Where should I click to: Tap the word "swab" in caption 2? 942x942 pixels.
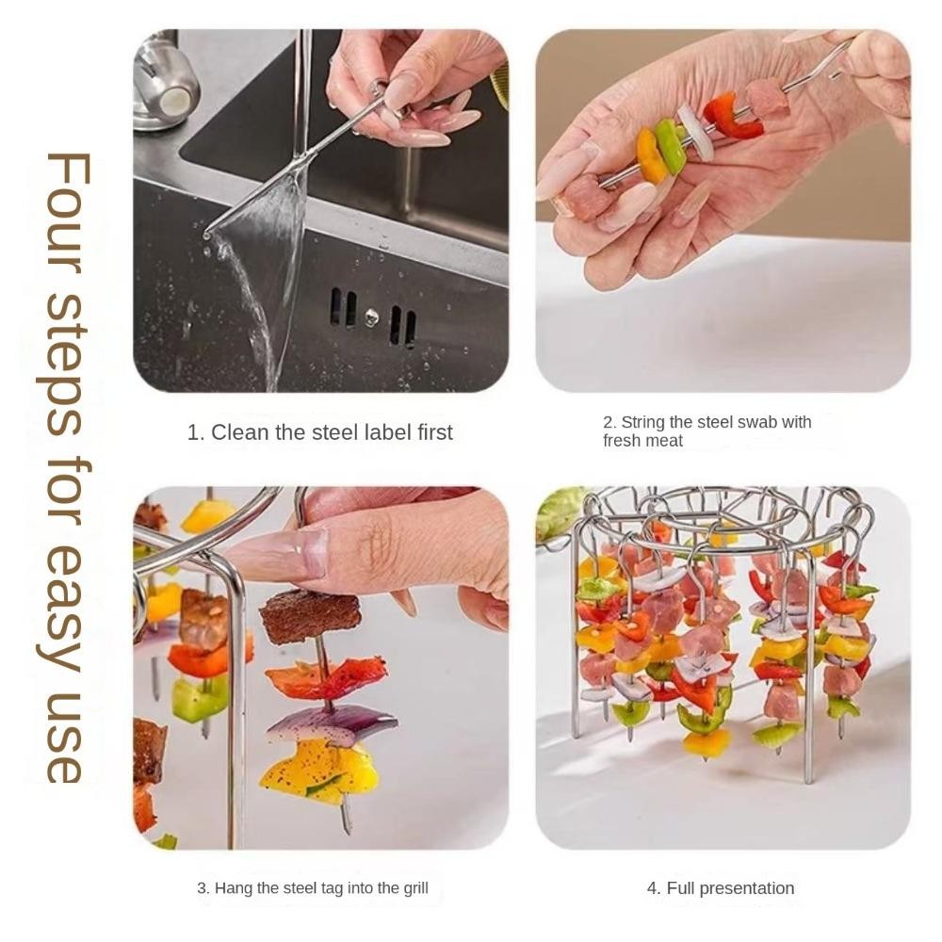tap(756, 422)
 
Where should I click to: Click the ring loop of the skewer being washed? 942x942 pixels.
tap(378, 88)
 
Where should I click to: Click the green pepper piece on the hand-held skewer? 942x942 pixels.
tap(671, 145)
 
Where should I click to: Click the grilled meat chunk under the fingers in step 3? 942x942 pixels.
tap(310, 616)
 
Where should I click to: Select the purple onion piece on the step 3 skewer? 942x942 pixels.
tap(331, 723)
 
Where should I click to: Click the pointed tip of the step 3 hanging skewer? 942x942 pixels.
tap(348, 832)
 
